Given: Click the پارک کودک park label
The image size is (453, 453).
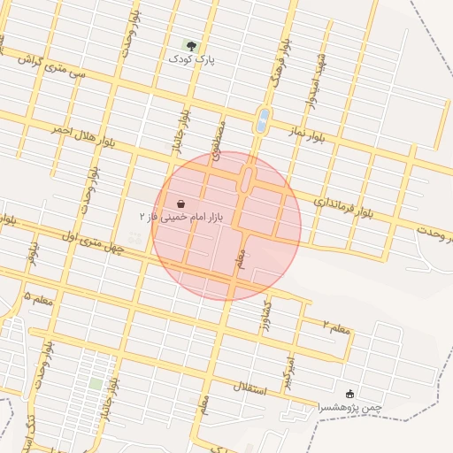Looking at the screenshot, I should coord(192,58).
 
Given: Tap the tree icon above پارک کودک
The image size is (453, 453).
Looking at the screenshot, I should coord(191,44).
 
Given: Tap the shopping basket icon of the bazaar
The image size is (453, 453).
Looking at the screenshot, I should coord(181,203).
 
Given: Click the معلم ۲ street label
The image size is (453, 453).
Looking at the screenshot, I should coord(336,328).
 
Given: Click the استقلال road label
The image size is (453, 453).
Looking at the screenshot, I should coord(256,387).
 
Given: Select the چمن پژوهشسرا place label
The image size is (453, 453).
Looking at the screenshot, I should coord(349,407).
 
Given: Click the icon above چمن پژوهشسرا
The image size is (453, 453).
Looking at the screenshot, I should coord(349,394).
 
